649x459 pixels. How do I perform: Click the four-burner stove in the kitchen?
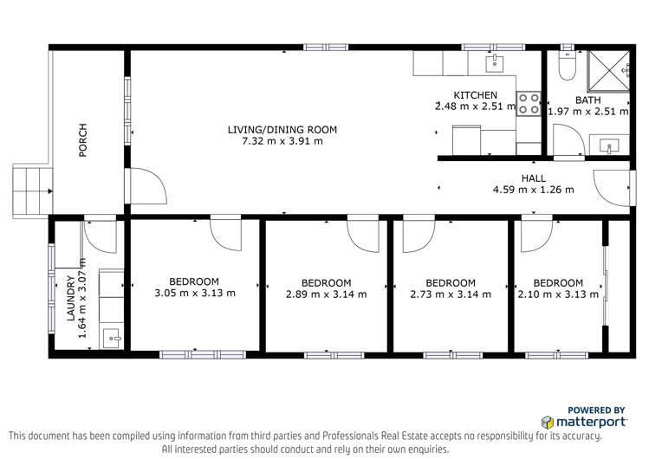click(529, 103)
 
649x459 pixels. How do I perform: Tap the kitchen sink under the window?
click(492, 62)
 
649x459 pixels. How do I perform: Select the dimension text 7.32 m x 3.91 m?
click(282, 141)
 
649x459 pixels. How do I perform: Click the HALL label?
click(533, 178)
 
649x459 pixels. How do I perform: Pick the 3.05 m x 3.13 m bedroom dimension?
click(194, 293)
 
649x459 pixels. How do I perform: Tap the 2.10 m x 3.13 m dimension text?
click(557, 294)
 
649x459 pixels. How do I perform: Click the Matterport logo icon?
click(548, 423)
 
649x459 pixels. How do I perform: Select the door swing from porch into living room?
click(142, 185)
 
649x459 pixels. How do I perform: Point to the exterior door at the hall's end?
click(611, 185)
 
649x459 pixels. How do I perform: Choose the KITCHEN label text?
click(476, 95)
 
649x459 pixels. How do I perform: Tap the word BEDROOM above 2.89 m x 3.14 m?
click(326, 282)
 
